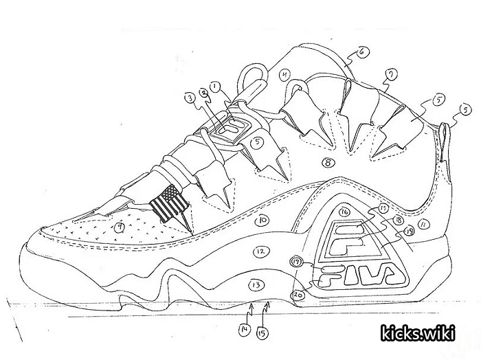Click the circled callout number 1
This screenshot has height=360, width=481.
215,87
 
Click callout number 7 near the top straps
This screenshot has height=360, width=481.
390,74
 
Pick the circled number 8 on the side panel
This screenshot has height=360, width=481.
328,163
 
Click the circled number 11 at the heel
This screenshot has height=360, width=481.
424,224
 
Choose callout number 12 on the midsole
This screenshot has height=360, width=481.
259,252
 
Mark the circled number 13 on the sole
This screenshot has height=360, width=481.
256,284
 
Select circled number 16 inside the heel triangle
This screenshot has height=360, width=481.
344,212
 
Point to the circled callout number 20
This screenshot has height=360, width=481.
298,293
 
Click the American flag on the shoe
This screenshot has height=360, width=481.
168,203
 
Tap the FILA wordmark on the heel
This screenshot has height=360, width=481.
355,275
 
